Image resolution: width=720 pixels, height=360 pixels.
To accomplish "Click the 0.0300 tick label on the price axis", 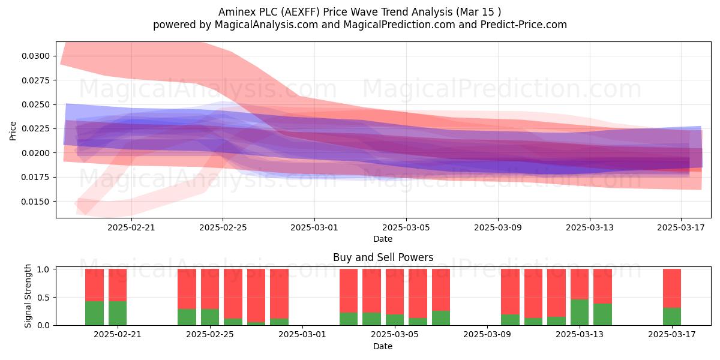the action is [x=35, y=56].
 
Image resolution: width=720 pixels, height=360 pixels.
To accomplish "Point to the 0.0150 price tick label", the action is [x=35, y=202].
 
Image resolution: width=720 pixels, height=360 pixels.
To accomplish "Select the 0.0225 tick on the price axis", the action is [x=35, y=128].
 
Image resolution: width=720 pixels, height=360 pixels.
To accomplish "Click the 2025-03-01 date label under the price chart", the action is [x=314, y=227].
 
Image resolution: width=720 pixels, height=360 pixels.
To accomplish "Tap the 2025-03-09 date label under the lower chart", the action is [x=487, y=334].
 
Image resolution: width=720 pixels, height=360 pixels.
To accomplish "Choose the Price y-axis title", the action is [x=13, y=131].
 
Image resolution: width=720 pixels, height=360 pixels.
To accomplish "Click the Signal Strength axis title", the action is [x=28, y=296].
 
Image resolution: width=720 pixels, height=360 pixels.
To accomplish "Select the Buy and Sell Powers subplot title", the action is [x=383, y=257].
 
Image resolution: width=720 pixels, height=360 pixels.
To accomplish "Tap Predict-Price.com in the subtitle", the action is [x=524, y=25].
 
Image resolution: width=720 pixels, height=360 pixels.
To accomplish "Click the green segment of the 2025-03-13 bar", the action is [x=580, y=312].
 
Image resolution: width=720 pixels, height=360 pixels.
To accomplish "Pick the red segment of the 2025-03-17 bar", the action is [x=672, y=289].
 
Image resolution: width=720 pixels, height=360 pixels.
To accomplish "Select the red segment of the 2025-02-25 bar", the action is [x=210, y=289].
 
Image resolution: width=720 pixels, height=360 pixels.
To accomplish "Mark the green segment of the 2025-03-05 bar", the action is [x=395, y=320].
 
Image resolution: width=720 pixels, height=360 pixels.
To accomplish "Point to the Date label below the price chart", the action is [x=383, y=239].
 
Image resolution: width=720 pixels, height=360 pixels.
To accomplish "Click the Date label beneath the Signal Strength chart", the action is [x=383, y=346].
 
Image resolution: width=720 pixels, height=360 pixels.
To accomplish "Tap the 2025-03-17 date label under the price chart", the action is [x=681, y=227].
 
